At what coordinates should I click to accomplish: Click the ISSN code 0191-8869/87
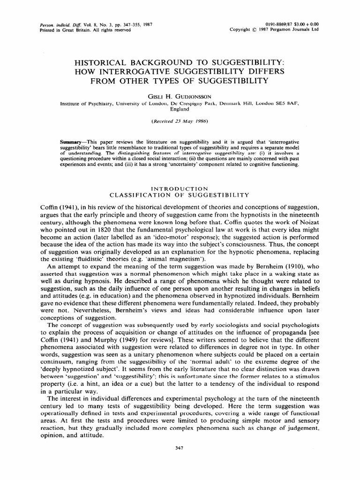(x=277, y=22)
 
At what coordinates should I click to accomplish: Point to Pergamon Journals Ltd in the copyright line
(x=293, y=28)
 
